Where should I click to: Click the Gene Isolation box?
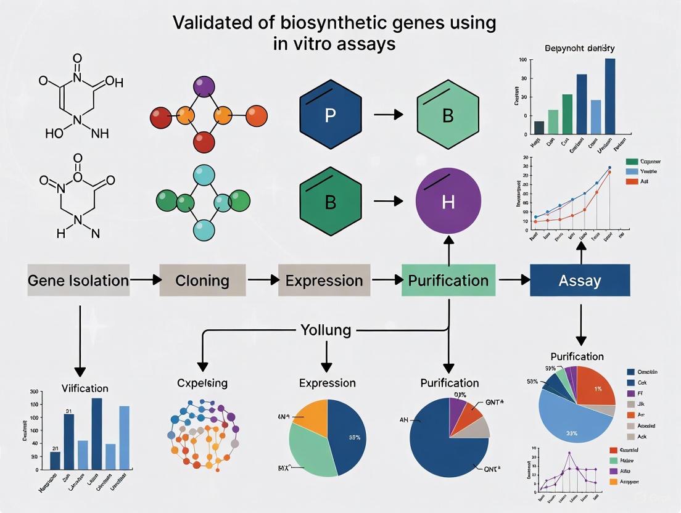[x=78, y=281]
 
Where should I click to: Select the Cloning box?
[x=202, y=281]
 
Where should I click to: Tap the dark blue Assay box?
[x=579, y=281]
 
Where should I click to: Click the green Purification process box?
[x=448, y=281]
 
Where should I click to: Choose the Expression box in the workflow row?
[x=324, y=281]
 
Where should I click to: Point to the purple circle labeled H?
[x=448, y=202]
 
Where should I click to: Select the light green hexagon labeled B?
[x=448, y=115]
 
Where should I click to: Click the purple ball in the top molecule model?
[x=203, y=86]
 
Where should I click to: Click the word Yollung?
[x=326, y=330]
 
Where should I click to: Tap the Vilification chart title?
[x=85, y=388]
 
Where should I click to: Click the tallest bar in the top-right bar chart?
[x=610, y=96]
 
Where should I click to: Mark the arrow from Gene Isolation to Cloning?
[x=144, y=281]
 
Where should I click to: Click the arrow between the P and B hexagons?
[x=388, y=115]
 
